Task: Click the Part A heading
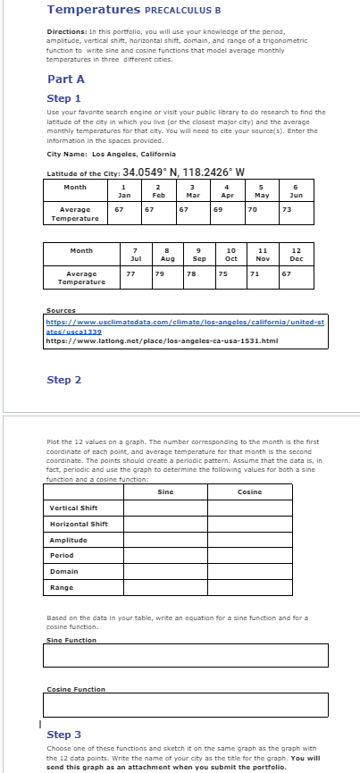click(65, 79)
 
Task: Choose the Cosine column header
click(250, 492)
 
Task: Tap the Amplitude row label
click(68, 540)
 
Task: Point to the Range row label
click(63, 587)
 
